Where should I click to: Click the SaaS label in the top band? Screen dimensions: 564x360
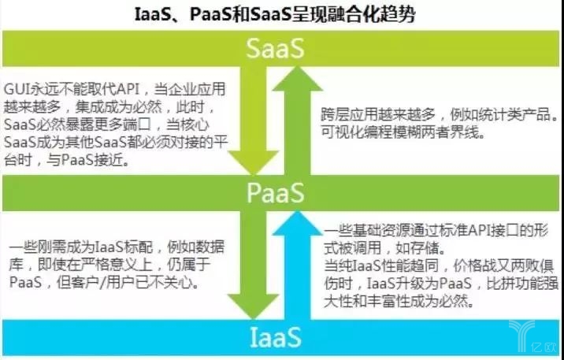276,49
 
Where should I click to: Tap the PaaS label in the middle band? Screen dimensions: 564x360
276,193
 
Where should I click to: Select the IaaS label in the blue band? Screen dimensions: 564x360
276,337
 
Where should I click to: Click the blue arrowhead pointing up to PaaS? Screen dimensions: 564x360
297,224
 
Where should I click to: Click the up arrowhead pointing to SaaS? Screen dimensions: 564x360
297,79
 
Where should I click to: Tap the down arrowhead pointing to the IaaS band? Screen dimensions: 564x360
253,306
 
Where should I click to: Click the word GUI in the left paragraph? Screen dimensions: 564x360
17,89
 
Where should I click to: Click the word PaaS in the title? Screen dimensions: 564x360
211,14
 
